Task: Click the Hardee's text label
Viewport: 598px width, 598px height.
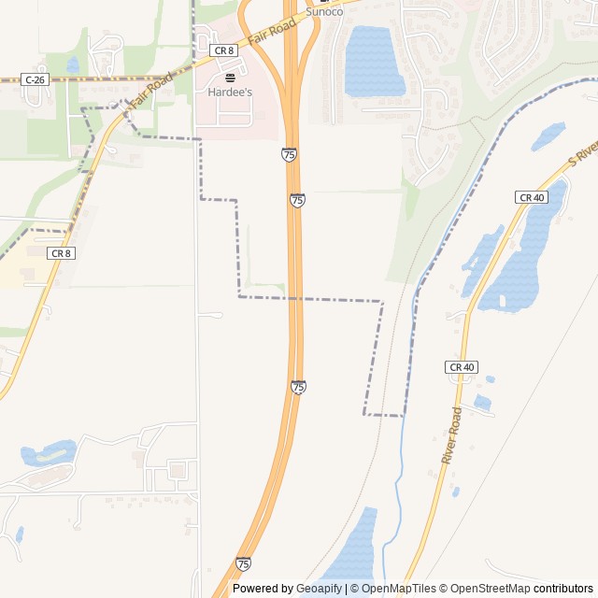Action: (x=230, y=93)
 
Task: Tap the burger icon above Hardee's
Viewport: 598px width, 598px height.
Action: (x=230, y=78)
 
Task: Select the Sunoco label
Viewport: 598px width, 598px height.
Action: (x=325, y=12)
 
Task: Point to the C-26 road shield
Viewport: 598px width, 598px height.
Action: (x=35, y=80)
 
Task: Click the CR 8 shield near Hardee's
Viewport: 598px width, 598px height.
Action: (x=223, y=50)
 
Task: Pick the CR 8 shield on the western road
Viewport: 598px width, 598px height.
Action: (x=61, y=253)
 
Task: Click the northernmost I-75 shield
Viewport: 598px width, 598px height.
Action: (x=289, y=154)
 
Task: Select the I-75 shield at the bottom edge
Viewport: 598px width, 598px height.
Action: (x=243, y=563)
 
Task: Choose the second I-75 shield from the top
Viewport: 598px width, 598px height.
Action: (x=297, y=201)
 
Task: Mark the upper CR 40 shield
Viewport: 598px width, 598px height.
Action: (x=531, y=197)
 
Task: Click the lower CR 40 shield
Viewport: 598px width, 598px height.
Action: (x=462, y=367)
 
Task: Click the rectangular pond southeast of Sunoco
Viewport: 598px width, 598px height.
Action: (x=374, y=61)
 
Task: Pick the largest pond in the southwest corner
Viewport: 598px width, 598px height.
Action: (x=47, y=454)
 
